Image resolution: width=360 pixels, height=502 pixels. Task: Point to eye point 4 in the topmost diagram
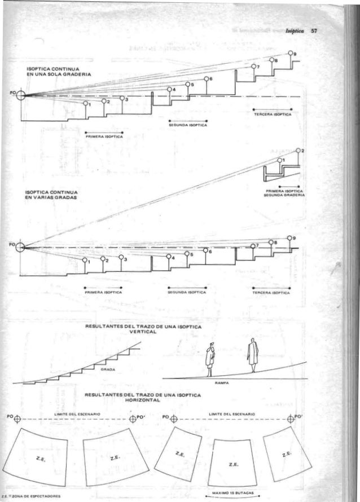tap(169, 90)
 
